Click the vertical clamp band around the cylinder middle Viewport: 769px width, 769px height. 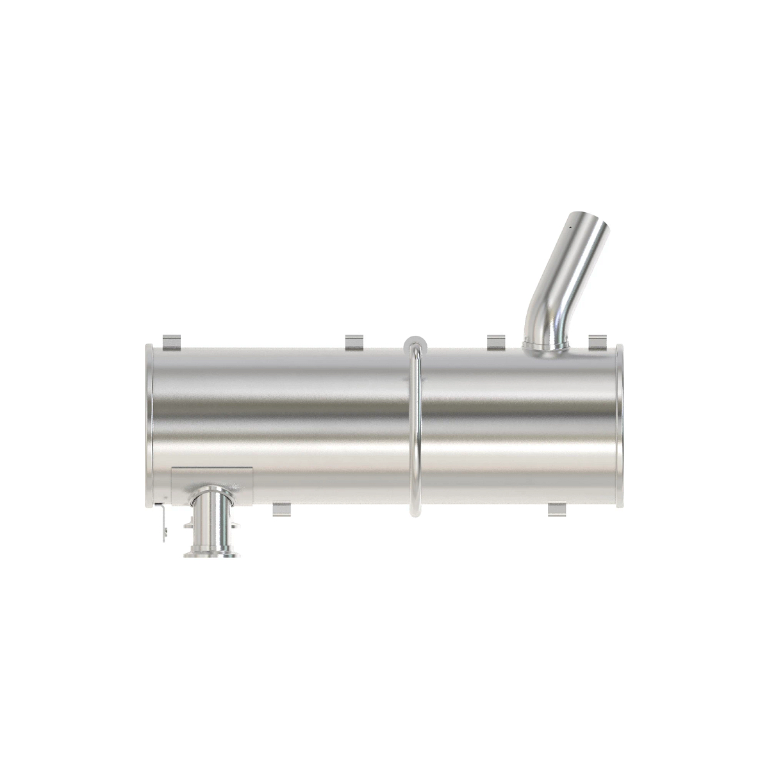click(415, 429)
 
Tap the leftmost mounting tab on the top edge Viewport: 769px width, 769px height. click(171, 343)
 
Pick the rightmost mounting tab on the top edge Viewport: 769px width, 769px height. click(597, 343)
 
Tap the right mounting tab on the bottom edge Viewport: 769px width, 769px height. click(558, 509)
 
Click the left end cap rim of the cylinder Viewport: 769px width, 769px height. click(149, 426)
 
